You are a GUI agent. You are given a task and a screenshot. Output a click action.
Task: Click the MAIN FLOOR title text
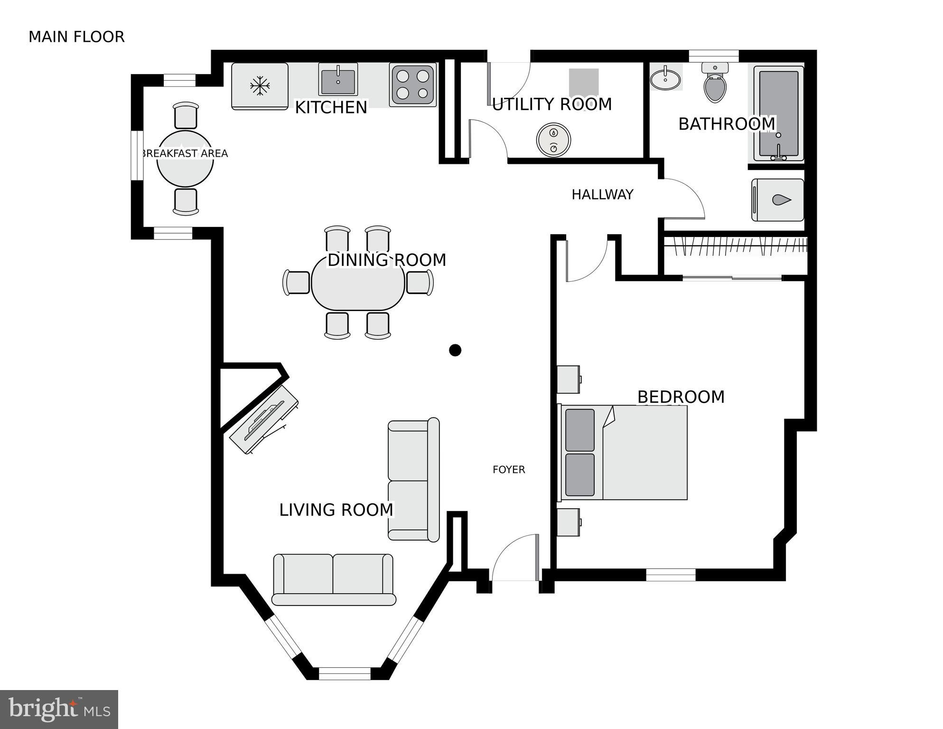tap(76, 37)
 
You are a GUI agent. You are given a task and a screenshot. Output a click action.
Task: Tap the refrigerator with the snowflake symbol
tap(260, 86)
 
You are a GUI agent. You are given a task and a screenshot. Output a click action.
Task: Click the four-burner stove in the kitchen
tap(412, 85)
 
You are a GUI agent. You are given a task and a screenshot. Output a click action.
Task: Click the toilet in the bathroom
tap(715, 85)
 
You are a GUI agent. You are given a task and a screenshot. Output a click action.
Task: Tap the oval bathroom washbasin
tap(665, 79)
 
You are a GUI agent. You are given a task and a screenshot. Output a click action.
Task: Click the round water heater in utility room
tap(553, 140)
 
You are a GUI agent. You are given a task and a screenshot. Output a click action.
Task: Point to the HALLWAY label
tap(602, 195)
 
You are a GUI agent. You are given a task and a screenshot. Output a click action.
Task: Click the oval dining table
tap(358, 284)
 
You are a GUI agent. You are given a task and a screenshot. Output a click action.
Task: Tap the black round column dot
tap(455, 350)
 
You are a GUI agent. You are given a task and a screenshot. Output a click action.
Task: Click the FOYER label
tap(509, 470)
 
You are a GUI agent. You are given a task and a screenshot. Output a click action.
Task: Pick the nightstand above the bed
tap(569, 379)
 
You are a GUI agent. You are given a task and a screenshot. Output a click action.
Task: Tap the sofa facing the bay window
tap(334, 578)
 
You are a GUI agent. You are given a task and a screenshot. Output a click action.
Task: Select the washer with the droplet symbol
tap(777, 200)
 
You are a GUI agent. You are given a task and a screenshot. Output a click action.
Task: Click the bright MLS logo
tap(59, 710)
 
